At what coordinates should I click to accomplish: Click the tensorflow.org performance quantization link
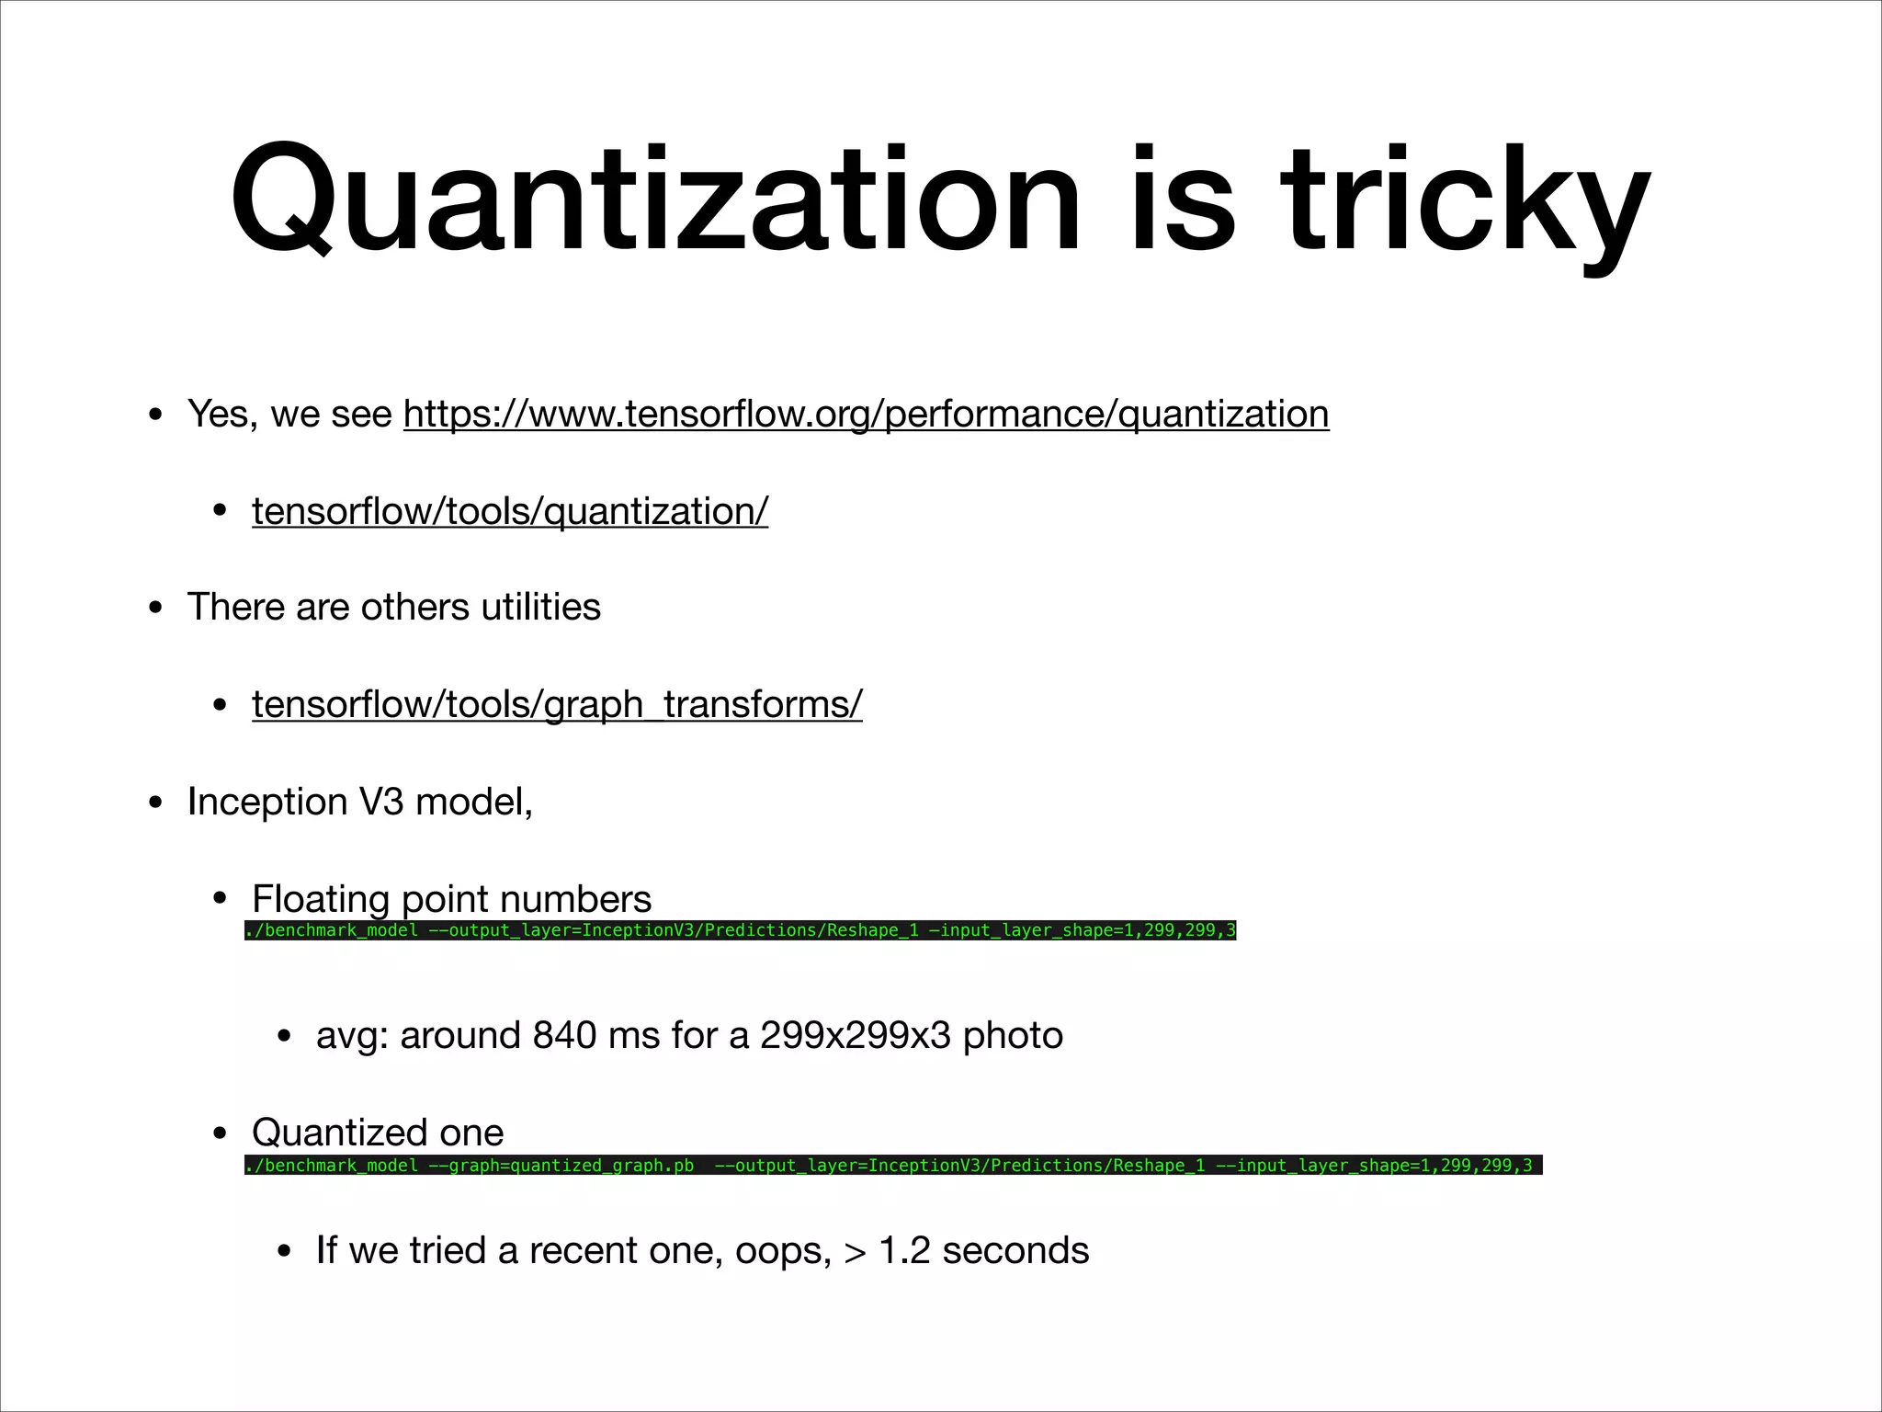[866, 415]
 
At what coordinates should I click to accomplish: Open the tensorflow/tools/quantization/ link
[510, 512]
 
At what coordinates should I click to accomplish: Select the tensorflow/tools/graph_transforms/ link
[557, 705]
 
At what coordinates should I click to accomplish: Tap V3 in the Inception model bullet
[381, 803]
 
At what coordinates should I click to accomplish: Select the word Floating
[321, 899]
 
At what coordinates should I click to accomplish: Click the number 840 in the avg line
[564, 1036]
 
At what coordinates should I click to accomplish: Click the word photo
[1013, 1036]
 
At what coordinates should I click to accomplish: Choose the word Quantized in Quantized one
[338, 1133]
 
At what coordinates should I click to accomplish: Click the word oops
[782, 1251]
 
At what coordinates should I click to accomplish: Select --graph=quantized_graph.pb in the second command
[561, 1166]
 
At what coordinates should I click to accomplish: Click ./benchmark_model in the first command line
[332, 930]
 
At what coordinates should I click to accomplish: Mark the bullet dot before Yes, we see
[155, 416]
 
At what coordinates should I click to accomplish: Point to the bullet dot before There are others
[155, 609]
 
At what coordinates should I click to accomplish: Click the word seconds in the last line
[1015, 1251]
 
